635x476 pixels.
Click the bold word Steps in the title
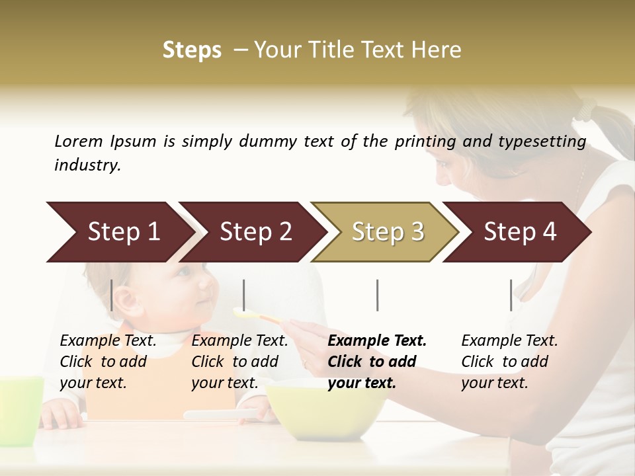click(192, 50)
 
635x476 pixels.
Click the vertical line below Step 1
click(112, 295)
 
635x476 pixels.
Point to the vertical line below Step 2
click(244, 295)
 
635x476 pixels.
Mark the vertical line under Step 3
click(377, 295)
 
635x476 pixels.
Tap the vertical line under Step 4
click(511, 295)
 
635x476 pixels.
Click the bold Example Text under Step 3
click(377, 340)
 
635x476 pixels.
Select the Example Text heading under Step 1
click(108, 340)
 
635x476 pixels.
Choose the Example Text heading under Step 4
click(509, 340)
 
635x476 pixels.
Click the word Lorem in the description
click(79, 141)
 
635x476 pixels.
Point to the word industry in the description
click(87, 165)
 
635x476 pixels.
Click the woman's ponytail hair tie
click(586, 107)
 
